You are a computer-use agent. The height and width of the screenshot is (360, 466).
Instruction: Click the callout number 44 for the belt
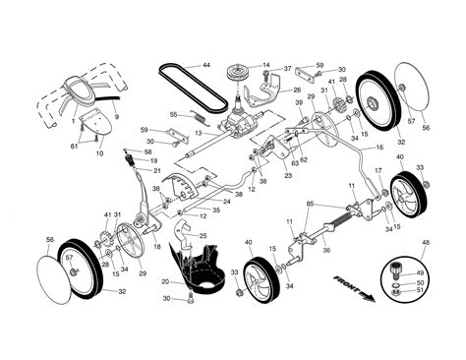[206, 65]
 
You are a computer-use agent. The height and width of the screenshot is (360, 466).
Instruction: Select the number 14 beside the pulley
[265, 65]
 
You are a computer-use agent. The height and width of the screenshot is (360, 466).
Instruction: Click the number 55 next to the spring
[173, 114]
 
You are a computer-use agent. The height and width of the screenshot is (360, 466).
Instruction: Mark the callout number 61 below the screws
[73, 146]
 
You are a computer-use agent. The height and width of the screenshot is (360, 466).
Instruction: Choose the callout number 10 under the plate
[98, 153]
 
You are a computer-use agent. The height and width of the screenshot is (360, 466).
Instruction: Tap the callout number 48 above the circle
[425, 242]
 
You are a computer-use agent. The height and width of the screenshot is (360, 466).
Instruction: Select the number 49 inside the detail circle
[422, 272]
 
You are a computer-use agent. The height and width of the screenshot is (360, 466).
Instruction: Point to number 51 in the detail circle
[422, 290]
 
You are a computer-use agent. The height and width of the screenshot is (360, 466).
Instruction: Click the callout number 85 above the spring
[310, 204]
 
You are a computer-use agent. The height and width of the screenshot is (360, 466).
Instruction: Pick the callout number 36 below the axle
[325, 251]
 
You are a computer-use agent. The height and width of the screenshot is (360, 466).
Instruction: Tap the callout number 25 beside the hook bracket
[203, 236]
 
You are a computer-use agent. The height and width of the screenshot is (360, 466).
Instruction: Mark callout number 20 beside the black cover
[165, 281]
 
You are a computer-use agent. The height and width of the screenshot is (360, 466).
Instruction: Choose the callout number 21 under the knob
[155, 171]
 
